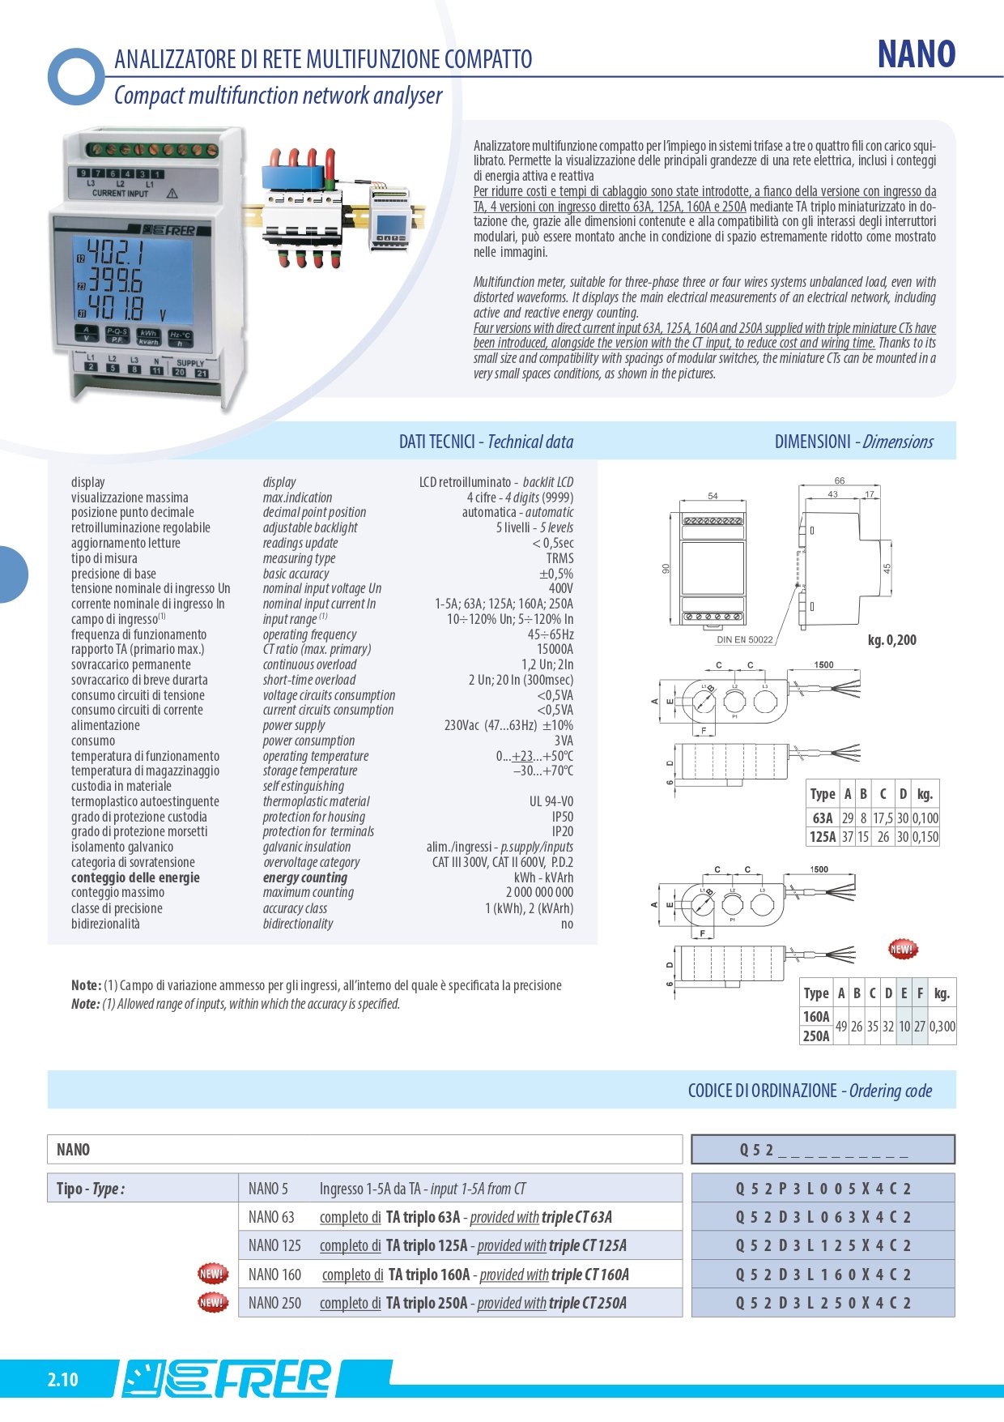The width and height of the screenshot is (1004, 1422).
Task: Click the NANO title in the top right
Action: pyautogui.click(x=916, y=54)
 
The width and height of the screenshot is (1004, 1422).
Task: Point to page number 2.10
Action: pyautogui.click(x=62, y=1379)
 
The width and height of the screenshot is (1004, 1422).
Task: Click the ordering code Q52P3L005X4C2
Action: pyautogui.click(x=823, y=1189)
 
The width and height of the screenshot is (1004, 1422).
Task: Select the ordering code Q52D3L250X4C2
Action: pyautogui.click(x=823, y=1303)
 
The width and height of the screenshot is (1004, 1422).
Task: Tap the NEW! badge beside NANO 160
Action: pyautogui.click(x=212, y=1274)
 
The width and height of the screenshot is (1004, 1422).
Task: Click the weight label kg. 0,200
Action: pyautogui.click(x=891, y=640)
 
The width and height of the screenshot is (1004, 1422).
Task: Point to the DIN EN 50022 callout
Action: pyautogui.click(x=745, y=639)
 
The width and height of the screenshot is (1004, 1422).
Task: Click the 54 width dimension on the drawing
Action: pyautogui.click(x=713, y=496)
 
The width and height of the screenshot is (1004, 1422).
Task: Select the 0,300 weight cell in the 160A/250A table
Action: pyautogui.click(x=942, y=1027)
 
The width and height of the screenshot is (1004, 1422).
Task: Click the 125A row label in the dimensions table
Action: pyautogui.click(x=823, y=837)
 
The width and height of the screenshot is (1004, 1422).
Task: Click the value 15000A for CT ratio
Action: pyautogui.click(x=555, y=649)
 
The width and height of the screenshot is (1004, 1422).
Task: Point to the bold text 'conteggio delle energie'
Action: pyautogui.click(x=135, y=878)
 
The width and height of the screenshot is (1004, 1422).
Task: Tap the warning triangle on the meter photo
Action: pyautogui.click(x=172, y=194)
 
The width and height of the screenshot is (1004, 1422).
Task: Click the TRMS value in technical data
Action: pyautogui.click(x=559, y=558)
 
